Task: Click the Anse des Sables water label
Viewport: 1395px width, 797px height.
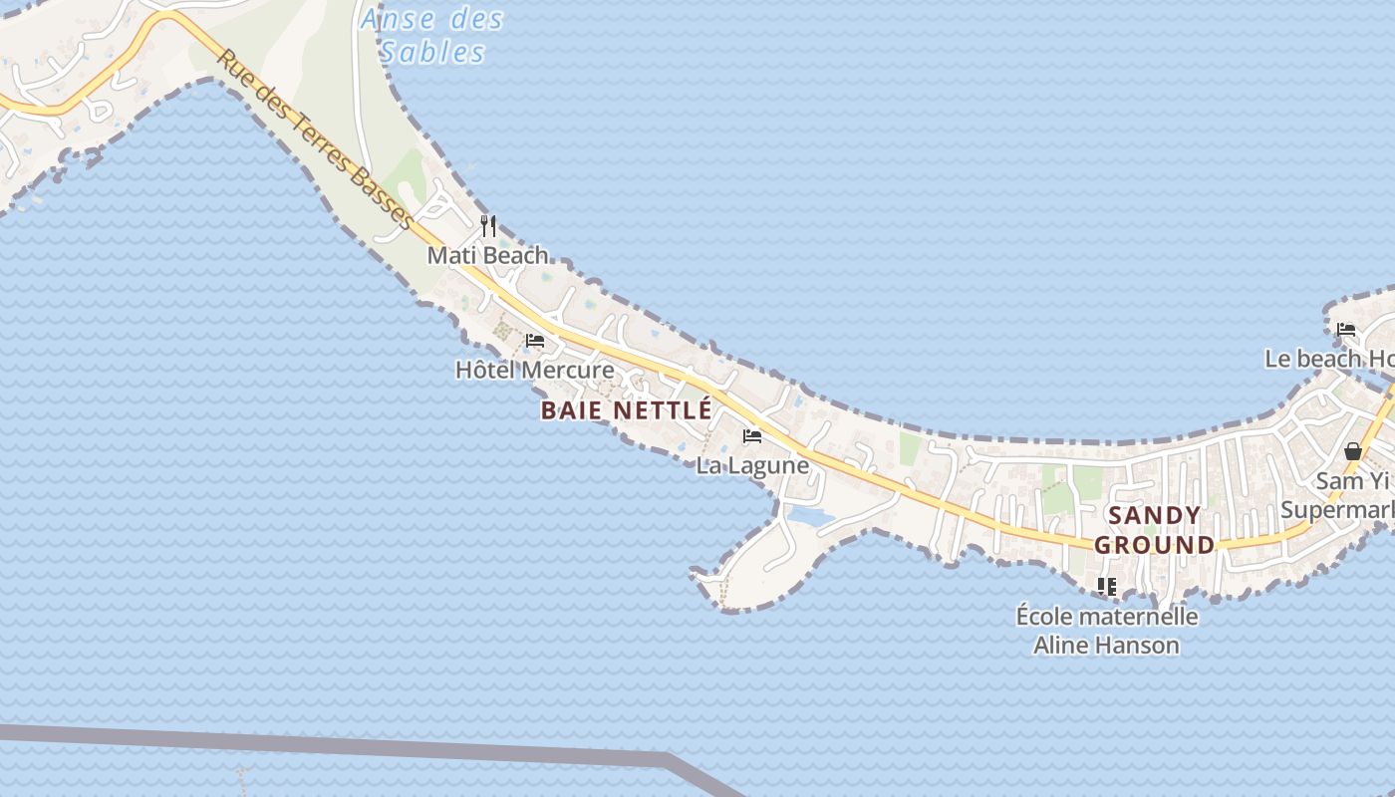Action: pyautogui.click(x=432, y=35)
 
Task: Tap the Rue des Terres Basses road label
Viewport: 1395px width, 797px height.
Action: pyautogui.click(x=314, y=140)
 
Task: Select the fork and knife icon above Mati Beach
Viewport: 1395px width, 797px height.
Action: pyautogui.click(x=488, y=226)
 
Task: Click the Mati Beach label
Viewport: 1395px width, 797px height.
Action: pyautogui.click(x=488, y=255)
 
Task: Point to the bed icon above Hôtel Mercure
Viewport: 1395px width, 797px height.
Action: pyautogui.click(x=535, y=341)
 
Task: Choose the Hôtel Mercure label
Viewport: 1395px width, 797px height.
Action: pyautogui.click(x=535, y=370)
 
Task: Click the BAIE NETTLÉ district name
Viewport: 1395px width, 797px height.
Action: pyautogui.click(x=627, y=409)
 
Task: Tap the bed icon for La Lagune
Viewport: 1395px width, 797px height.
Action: pyautogui.click(x=752, y=436)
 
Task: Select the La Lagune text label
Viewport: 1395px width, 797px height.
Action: pyautogui.click(x=752, y=465)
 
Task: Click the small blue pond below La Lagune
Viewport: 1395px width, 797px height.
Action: pyautogui.click(x=809, y=517)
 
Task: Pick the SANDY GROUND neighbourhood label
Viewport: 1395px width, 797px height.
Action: pyautogui.click(x=1155, y=530)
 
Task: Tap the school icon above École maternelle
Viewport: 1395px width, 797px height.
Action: pyautogui.click(x=1107, y=587)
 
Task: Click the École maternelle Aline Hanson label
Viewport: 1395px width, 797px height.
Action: pyautogui.click(x=1107, y=631)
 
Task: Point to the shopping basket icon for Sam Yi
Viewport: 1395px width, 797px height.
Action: pyautogui.click(x=1352, y=451)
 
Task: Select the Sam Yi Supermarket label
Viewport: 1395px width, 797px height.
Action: pyautogui.click(x=1341, y=496)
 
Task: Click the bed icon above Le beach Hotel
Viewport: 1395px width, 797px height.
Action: pyautogui.click(x=1346, y=329)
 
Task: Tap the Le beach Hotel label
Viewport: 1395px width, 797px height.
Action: pyautogui.click(x=1330, y=359)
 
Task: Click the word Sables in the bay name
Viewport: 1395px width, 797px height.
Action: pyautogui.click(x=432, y=52)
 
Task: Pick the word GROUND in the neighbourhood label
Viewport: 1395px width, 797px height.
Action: pyautogui.click(x=1155, y=545)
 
